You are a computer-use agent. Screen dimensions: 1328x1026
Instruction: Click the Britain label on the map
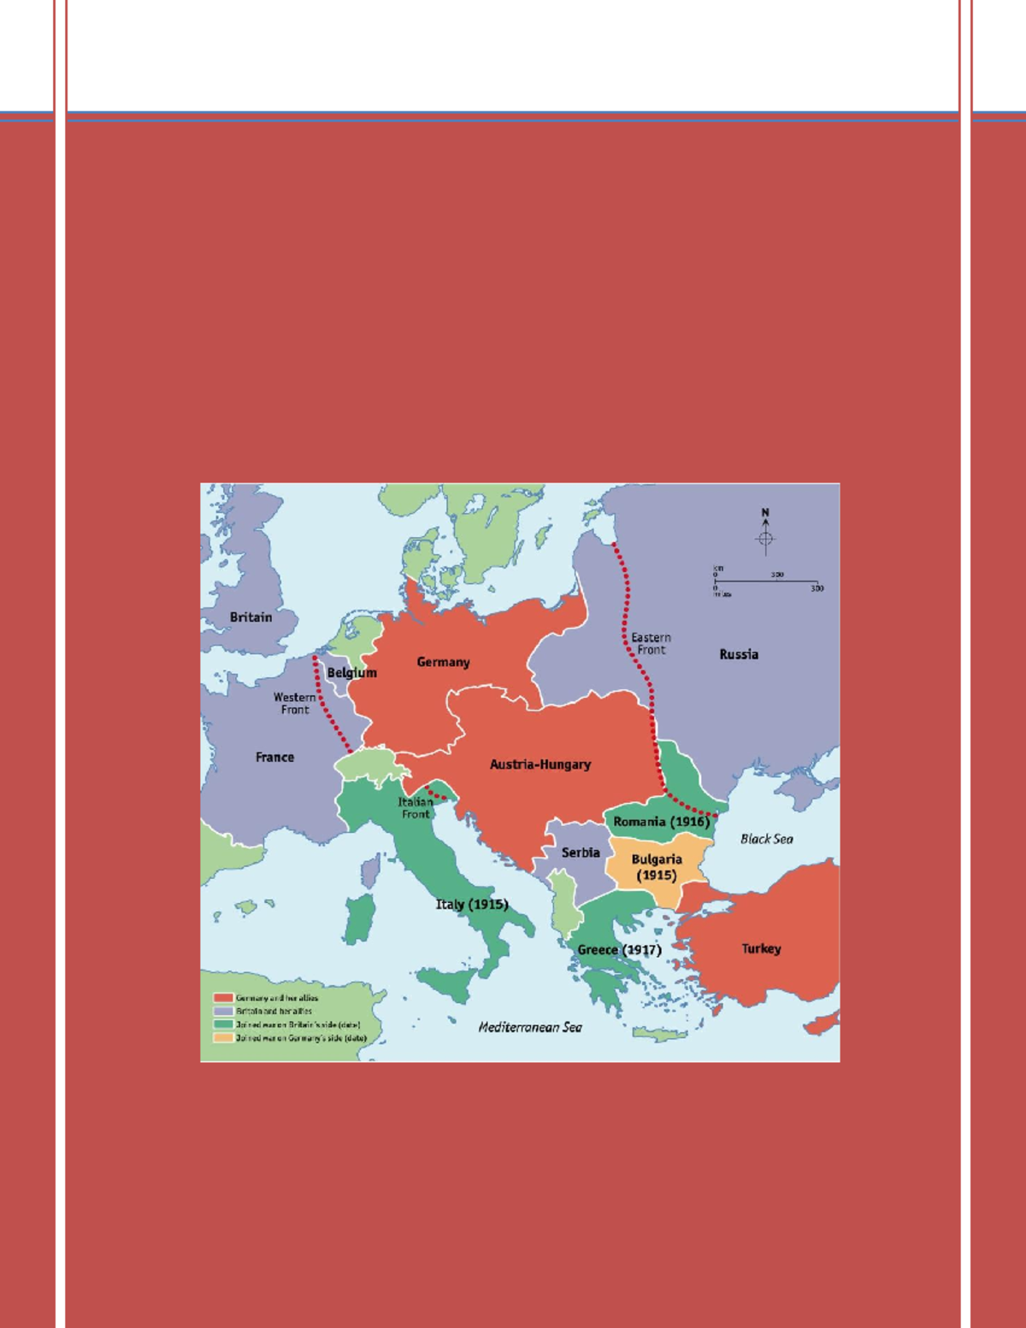tap(251, 617)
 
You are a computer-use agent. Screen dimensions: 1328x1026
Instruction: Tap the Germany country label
tap(443, 662)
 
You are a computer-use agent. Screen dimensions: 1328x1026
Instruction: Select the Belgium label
tap(351, 673)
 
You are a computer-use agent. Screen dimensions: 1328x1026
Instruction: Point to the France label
tap(274, 758)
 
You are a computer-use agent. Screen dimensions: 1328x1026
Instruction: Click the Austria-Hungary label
tap(540, 764)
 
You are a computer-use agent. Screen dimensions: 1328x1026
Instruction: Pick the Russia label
tap(739, 654)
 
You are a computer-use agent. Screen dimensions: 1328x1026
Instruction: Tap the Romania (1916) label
tap(661, 822)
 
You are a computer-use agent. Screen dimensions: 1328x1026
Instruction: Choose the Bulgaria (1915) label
tap(657, 867)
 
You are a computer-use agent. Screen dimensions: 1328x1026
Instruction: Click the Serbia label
tap(581, 853)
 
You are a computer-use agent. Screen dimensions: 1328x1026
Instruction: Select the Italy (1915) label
tap(472, 905)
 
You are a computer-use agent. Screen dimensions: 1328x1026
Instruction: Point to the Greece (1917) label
tap(619, 950)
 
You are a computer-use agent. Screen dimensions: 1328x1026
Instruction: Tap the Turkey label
tap(761, 948)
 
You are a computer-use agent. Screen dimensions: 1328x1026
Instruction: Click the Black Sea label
tap(766, 839)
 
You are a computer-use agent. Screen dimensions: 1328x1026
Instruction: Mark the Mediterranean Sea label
tap(530, 1027)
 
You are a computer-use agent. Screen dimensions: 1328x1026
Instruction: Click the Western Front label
tap(295, 704)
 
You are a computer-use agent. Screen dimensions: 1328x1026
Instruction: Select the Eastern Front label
tap(651, 644)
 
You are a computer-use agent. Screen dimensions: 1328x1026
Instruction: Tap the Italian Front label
tap(416, 808)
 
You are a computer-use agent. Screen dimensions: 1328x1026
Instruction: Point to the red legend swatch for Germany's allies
tap(223, 998)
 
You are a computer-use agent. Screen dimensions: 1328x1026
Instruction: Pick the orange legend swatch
tap(223, 1038)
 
